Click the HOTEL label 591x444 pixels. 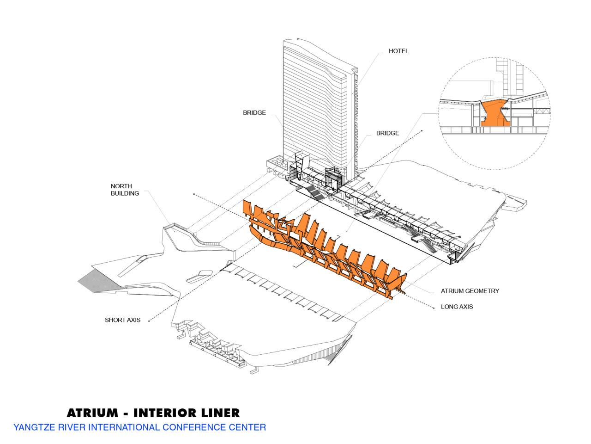(x=398, y=51)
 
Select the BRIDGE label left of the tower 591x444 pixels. (x=254, y=112)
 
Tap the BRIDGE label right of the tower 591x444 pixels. (x=387, y=133)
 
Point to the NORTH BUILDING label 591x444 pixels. (x=125, y=190)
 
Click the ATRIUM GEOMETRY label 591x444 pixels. (x=470, y=291)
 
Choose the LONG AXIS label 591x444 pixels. (x=457, y=307)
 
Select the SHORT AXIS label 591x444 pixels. (x=122, y=320)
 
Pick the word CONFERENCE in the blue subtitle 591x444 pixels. (x=193, y=427)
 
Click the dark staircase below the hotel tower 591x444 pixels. (x=314, y=192)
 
